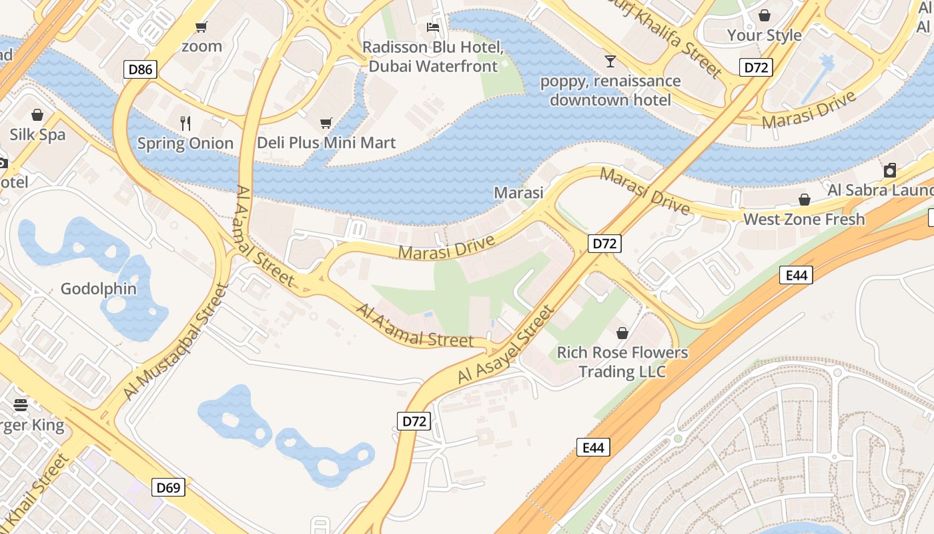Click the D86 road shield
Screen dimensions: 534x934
click(x=140, y=69)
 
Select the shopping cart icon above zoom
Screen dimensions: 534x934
click(x=201, y=27)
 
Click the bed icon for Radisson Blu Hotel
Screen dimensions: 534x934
click(x=433, y=27)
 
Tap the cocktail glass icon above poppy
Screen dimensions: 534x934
click(x=610, y=61)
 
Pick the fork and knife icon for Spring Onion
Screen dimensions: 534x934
click(x=185, y=123)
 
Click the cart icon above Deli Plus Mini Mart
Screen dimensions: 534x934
click(x=326, y=123)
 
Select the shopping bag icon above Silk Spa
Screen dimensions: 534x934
click(x=37, y=115)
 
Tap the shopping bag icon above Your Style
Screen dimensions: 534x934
click(x=764, y=15)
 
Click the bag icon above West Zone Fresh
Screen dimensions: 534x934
click(x=805, y=200)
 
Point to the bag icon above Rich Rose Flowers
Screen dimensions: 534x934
click(x=622, y=332)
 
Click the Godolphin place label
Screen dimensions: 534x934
click(x=99, y=289)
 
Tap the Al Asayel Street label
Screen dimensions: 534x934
click(x=506, y=345)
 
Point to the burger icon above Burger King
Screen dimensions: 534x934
click(x=21, y=405)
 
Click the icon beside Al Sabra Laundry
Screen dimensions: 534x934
click(x=890, y=170)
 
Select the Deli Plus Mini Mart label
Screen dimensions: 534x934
click(x=326, y=143)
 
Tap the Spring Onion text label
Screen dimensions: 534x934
click(x=185, y=144)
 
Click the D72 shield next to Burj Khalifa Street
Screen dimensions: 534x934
click(x=756, y=67)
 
